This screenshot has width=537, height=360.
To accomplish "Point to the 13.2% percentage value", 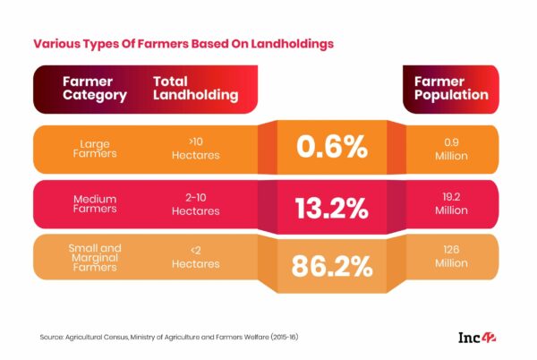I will (332, 208).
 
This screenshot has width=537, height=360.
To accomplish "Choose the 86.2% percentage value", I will (332, 266).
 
